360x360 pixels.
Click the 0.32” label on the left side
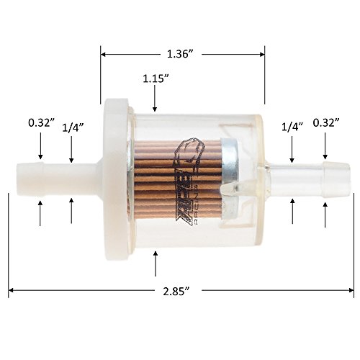[40, 122]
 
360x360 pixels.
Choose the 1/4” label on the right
[292, 127]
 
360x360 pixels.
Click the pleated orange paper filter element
[176, 180]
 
